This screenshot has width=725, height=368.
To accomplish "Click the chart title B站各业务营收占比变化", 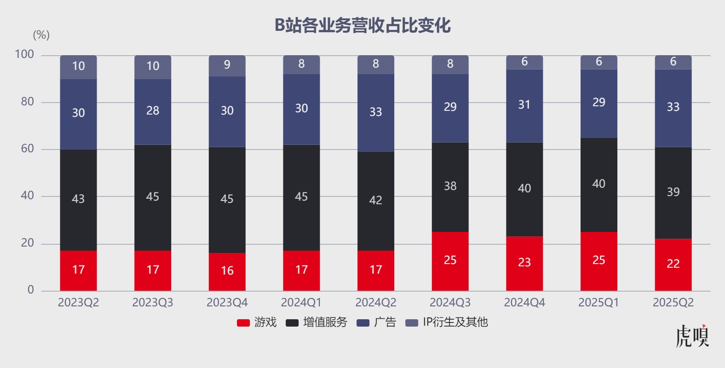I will pyautogui.click(x=362, y=25).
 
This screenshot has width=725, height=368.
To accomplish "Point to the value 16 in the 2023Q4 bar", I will pyautogui.click(x=227, y=270).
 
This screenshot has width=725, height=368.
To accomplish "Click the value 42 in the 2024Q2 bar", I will pyautogui.click(x=376, y=200).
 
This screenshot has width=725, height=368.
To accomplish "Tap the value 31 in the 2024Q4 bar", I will pyautogui.click(x=524, y=105).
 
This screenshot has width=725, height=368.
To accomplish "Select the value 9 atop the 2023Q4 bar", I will pyautogui.click(x=227, y=64).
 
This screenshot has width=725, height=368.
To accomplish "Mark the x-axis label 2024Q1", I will pyautogui.click(x=301, y=302).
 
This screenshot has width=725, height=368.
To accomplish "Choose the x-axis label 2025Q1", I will pyautogui.click(x=598, y=302).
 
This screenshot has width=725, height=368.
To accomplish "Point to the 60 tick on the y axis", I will pyautogui.click(x=28, y=149).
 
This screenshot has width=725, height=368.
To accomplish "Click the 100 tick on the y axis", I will pyautogui.click(x=24, y=54).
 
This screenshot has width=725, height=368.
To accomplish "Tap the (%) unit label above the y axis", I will pyautogui.click(x=41, y=35).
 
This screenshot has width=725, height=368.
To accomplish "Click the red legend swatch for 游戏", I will pyautogui.click(x=243, y=322).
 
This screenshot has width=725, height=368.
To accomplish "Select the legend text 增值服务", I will pyautogui.click(x=325, y=322).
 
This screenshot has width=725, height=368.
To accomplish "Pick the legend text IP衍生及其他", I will pyautogui.click(x=455, y=322).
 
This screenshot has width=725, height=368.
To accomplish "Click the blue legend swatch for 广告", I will pyautogui.click(x=363, y=322).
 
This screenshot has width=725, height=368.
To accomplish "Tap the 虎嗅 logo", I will pyautogui.click(x=692, y=336).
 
